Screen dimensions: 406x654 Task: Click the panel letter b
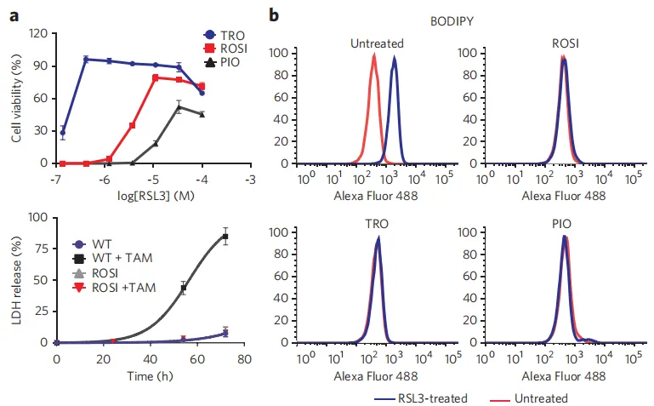(274, 14)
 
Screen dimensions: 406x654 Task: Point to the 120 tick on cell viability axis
(37, 34)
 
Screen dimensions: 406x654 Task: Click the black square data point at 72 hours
(225, 237)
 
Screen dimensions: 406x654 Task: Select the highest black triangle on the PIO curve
(179, 107)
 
